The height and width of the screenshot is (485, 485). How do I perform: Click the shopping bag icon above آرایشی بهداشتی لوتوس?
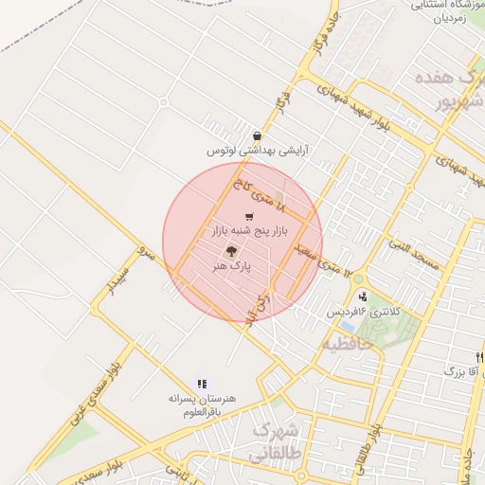coord(258,136)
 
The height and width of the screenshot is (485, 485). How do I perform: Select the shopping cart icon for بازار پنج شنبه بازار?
coord(249,217)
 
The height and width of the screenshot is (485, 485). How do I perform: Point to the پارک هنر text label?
coord(233,267)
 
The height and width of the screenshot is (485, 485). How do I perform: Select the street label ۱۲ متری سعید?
coord(328,264)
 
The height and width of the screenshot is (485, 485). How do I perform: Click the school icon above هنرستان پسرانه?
coord(202,384)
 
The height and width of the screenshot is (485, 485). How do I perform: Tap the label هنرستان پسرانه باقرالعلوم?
coord(199,404)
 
